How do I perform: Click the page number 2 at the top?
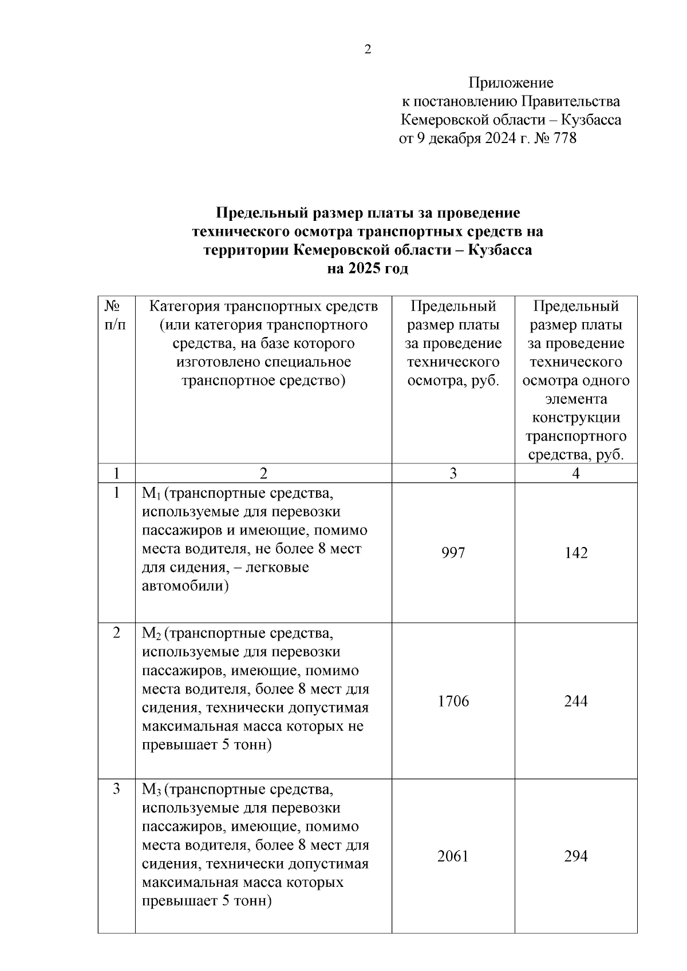pos(368,49)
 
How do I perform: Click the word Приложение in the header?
pos(511,83)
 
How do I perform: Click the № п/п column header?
pos(116,315)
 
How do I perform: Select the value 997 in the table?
pos(453,553)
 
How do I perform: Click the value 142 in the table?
pos(575,553)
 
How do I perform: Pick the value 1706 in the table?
pos(453,701)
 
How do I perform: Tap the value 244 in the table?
pos(575,701)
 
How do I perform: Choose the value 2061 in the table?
pos(453,856)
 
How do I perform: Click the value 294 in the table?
pos(575,856)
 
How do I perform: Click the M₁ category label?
pos(151,493)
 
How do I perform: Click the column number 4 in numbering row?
pos(576,473)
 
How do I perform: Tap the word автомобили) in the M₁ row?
pos(185,586)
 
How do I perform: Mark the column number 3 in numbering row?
pos(453,473)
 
